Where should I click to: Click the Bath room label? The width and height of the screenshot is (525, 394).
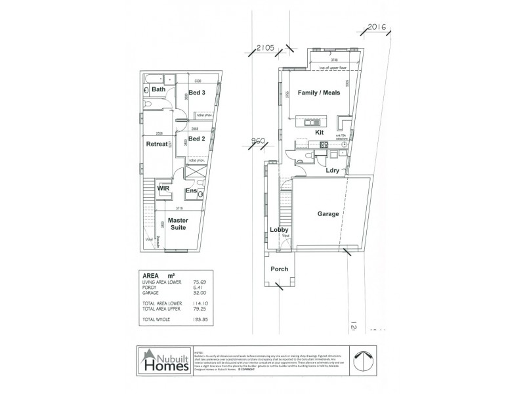158,90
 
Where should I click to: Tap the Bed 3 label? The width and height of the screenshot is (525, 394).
198,93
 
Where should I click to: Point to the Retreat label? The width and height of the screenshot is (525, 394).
157,144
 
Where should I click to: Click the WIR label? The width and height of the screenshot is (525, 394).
163,188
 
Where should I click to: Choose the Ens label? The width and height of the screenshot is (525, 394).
191,191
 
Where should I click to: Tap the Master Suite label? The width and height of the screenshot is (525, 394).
178,223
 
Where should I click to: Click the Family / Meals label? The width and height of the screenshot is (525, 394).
319,93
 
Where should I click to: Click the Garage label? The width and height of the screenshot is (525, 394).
328,214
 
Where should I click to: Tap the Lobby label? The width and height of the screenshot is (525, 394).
280,230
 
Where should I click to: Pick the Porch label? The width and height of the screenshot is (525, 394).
280,269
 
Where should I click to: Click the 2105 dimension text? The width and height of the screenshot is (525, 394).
265,48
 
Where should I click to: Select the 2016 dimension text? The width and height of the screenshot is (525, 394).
377,27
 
